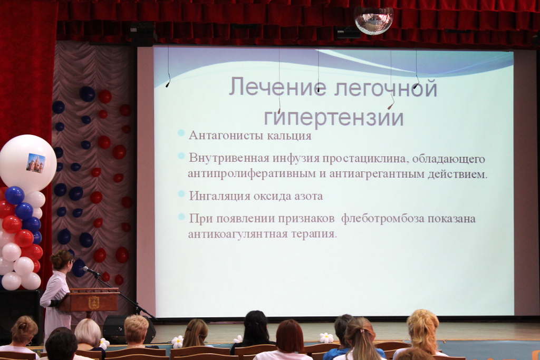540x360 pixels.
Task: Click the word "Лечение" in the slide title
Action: click(x=273, y=87)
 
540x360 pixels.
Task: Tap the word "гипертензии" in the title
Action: click(x=334, y=116)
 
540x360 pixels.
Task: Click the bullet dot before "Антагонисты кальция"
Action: click(x=181, y=133)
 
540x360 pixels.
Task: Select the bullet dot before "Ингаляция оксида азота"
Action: click(x=181, y=193)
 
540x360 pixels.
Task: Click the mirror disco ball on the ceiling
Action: click(x=374, y=21)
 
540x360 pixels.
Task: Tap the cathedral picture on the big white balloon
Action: click(x=36, y=163)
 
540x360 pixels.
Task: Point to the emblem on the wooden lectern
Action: click(x=93, y=302)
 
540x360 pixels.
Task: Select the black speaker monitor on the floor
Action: click(x=129, y=330)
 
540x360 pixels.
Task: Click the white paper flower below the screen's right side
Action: click(x=326, y=338)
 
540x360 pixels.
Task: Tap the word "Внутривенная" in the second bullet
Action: click(x=229, y=159)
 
